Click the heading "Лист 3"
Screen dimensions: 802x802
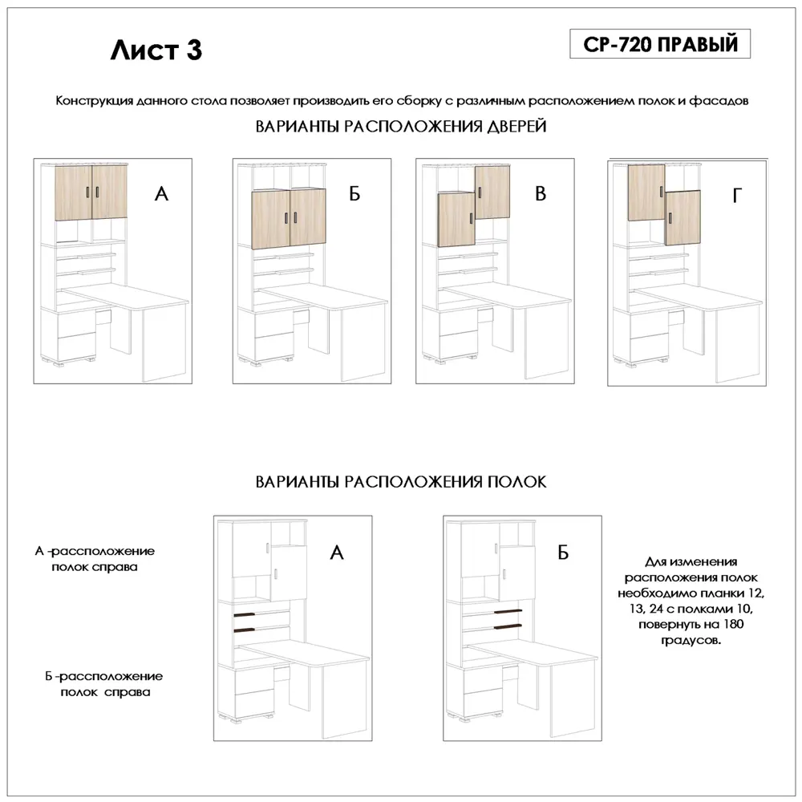(x=156, y=50)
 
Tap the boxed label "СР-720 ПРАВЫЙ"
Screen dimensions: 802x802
(x=660, y=44)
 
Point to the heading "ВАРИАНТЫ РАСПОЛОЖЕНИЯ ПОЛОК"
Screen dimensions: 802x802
(x=401, y=482)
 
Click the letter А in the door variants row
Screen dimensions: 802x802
(x=162, y=194)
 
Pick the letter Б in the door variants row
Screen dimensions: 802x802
(x=354, y=195)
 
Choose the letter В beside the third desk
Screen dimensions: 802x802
(x=541, y=194)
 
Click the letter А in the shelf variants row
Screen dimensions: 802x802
(x=337, y=553)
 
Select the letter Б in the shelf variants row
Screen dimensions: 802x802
(x=563, y=553)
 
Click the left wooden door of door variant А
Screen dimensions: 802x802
(x=73, y=192)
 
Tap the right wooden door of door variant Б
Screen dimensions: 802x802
(x=308, y=219)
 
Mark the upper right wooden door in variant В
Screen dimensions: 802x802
(x=492, y=192)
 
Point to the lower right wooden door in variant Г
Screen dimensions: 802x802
(x=683, y=217)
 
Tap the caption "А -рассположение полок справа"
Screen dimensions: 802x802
(x=94, y=559)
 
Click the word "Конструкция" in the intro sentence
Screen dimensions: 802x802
(x=87, y=102)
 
